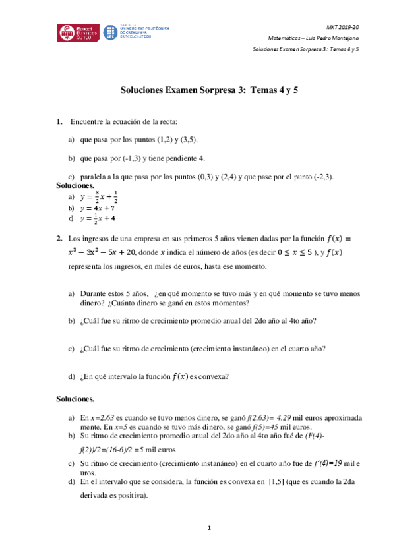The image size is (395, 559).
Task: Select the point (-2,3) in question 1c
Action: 322,177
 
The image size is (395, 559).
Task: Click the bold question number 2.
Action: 59,239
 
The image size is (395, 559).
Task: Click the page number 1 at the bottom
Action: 208,528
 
